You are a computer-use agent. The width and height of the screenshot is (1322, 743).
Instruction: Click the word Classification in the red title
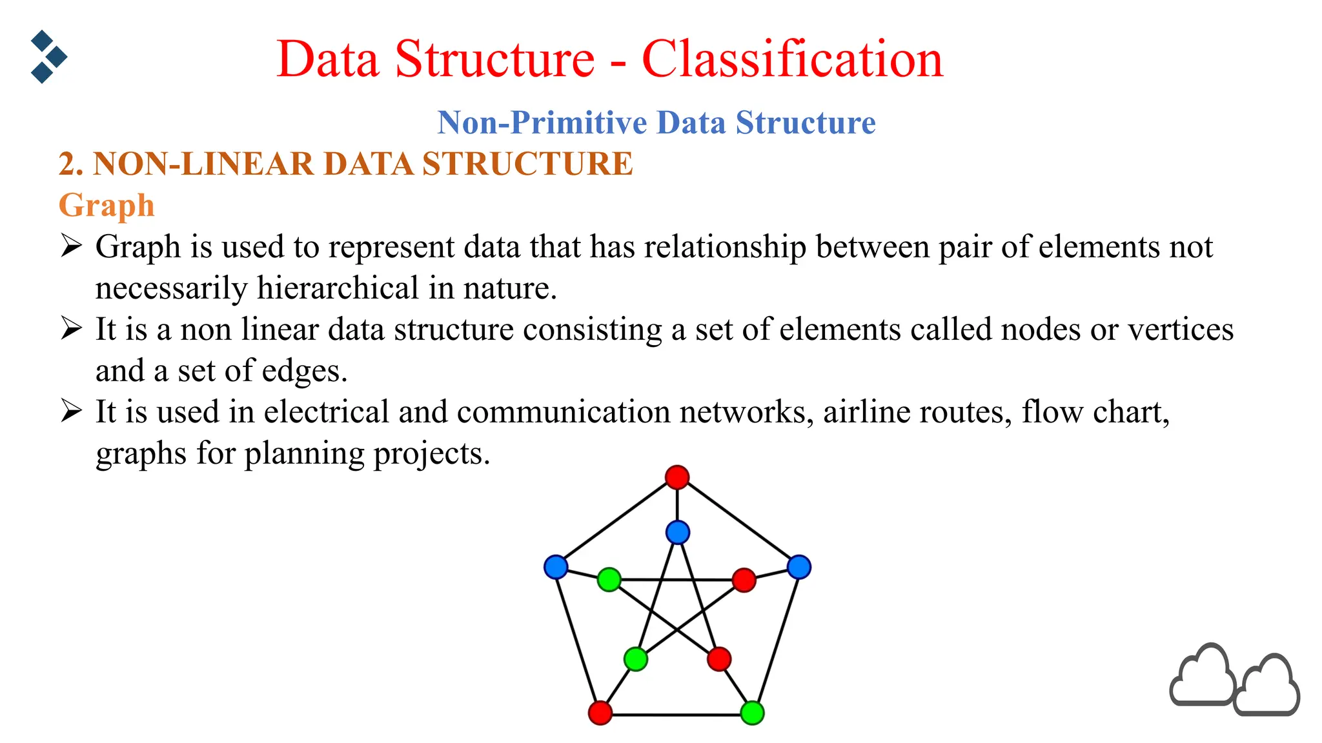(x=792, y=59)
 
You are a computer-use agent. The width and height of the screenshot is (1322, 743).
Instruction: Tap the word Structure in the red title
(x=494, y=59)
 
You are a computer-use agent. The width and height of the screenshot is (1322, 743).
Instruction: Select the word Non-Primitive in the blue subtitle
(x=542, y=123)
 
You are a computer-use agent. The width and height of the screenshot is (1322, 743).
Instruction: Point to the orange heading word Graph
(x=107, y=206)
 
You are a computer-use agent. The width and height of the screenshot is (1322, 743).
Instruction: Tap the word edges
(x=304, y=371)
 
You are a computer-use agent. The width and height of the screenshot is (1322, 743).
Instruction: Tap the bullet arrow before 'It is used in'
(x=71, y=411)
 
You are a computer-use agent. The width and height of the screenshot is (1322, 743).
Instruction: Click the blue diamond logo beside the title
(x=48, y=57)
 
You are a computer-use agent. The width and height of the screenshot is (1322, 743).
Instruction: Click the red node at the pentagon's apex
(x=677, y=477)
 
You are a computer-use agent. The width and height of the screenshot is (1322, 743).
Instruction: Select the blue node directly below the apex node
(x=678, y=533)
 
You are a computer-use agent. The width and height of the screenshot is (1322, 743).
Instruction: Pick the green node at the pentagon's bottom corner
(x=752, y=713)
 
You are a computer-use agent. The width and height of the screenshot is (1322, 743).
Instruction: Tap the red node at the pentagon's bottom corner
(x=600, y=713)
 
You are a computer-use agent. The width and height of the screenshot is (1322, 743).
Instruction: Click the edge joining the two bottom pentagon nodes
(x=676, y=715)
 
